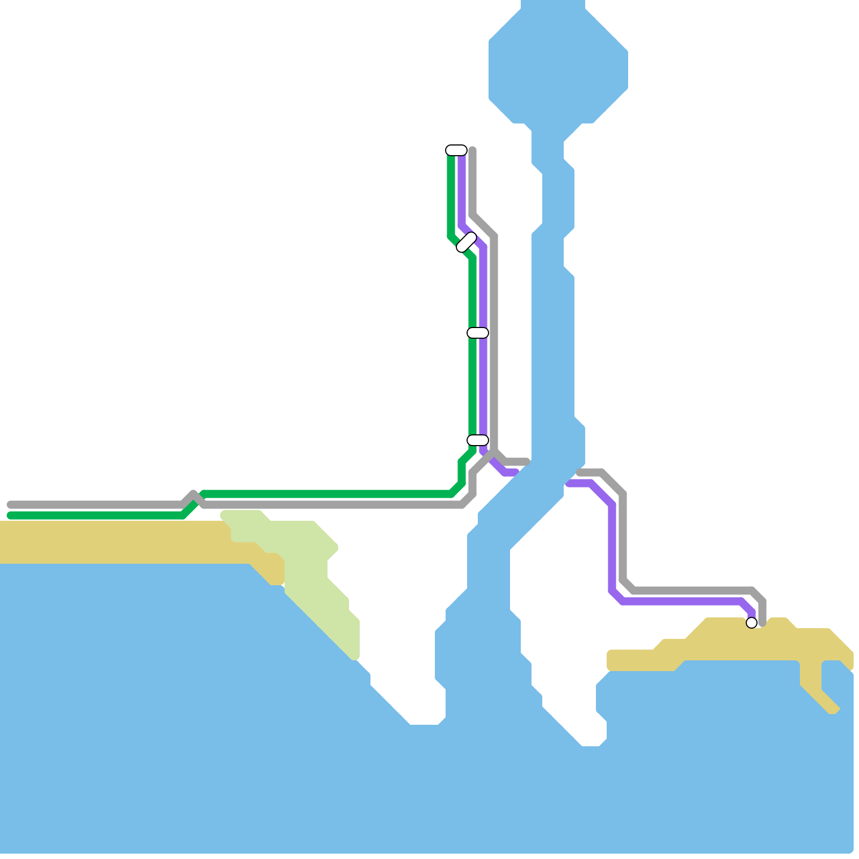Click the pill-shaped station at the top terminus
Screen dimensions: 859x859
click(x=456, y=150)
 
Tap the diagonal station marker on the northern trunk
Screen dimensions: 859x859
click(x=467, y=242)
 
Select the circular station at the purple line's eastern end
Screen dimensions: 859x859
click(x=752, y=623)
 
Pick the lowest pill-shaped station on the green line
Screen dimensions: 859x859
click(x=477, y=440)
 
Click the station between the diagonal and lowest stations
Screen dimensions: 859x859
click(x=477, y=333)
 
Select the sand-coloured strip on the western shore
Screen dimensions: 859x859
click(x=107, y=542)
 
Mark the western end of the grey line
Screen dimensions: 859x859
click(x=10, y=505)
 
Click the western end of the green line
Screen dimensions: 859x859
click(x=10, y=515)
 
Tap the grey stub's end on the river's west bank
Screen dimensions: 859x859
click(x=527, y=462)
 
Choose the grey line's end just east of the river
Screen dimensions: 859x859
click(x=579, y=472)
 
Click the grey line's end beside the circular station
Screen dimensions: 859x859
click(x=762, y=623)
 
